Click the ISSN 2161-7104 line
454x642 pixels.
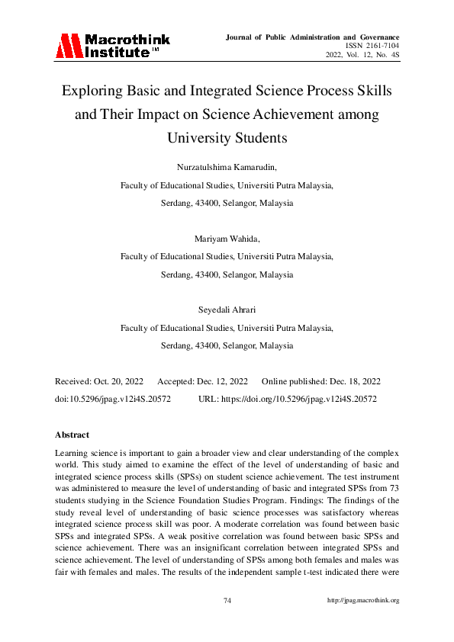372,47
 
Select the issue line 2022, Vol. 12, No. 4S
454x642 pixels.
362,56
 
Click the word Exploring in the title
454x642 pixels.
93,92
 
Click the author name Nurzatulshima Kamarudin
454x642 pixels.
227,166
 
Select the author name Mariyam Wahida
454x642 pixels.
227,238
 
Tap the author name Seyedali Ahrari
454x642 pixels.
227,310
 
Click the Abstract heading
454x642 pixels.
72,435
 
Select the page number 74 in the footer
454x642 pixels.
227,601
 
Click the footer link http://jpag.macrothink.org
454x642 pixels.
363,601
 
